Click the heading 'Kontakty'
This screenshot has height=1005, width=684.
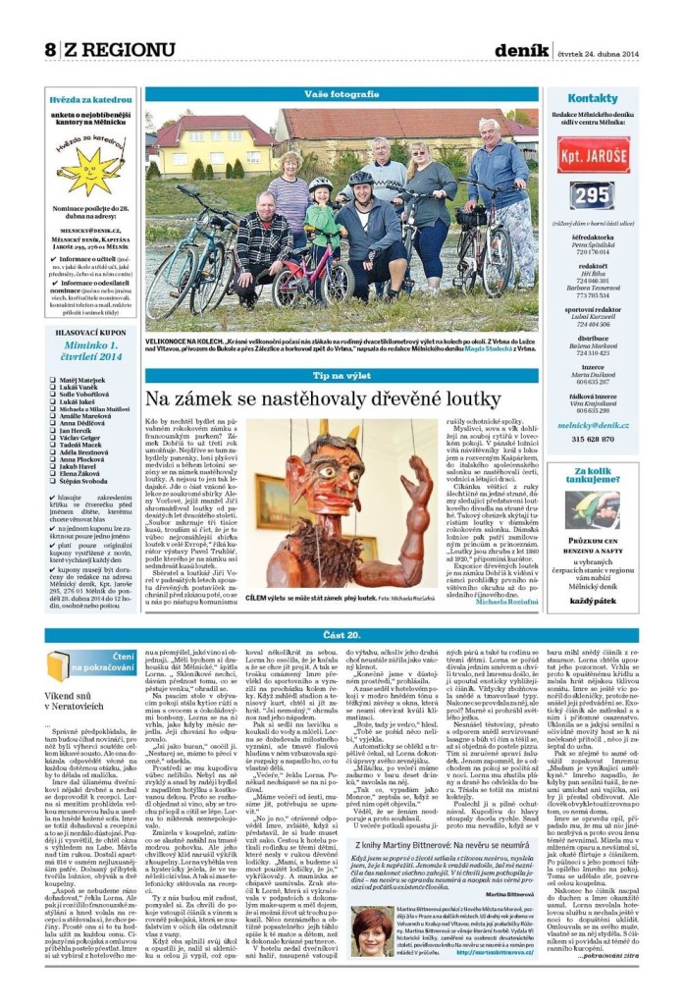(592, 98)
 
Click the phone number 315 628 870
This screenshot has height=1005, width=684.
(592, 439)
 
